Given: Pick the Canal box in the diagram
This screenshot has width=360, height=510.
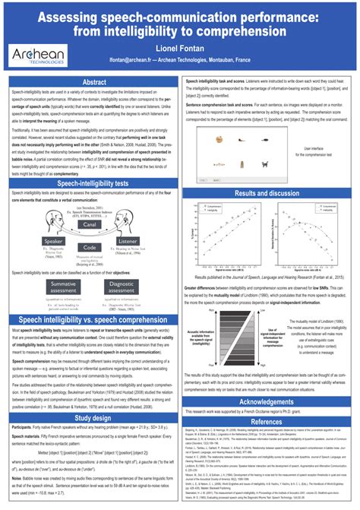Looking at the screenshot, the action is [90, 245].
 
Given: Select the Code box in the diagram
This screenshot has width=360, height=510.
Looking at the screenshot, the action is [90, 269].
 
